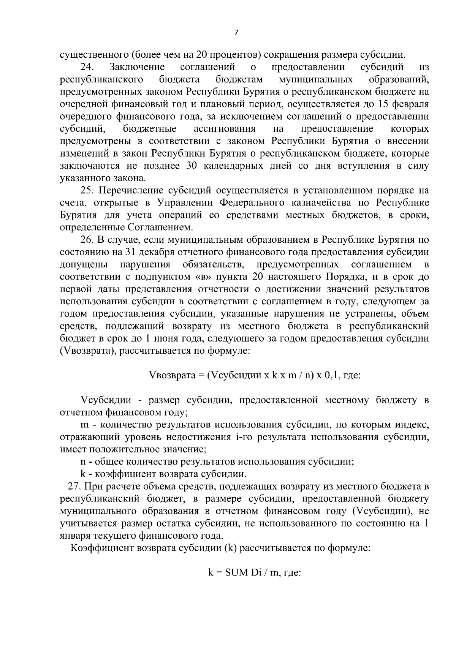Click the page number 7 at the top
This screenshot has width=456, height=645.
[x=236, y=33]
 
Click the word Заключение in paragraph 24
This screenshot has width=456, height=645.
[x=137, y=68]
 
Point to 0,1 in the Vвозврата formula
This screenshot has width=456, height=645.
[x=331, y=376]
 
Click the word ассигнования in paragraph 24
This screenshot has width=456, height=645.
[x=225, y=129]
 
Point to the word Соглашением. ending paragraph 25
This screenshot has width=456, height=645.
[x=157, y=228]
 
